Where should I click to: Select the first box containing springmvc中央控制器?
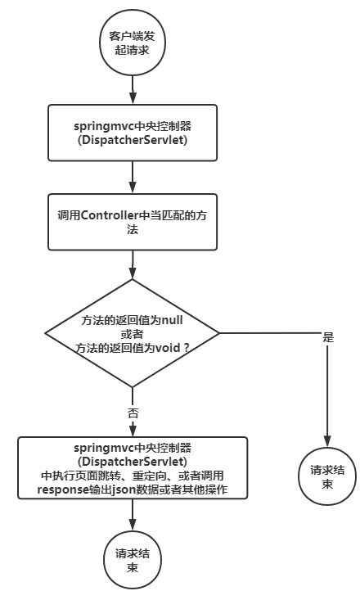[x=132, y=132]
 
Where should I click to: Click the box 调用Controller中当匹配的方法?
[x=132, y=223]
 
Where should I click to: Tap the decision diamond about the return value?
[x=132, y=332]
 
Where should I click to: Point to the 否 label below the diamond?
[x=133, y=412]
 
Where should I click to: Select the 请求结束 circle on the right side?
[x=328, y=478]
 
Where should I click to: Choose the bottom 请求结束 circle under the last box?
[x=132, y=559]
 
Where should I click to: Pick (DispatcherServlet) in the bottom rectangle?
[x=132, y=462]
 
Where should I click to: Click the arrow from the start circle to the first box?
[x=132, y=88]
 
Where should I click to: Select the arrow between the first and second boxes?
[x=132, y=176]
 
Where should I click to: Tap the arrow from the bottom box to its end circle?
[x=132, y=516]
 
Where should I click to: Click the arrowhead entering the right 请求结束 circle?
[x=328, y=443]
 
